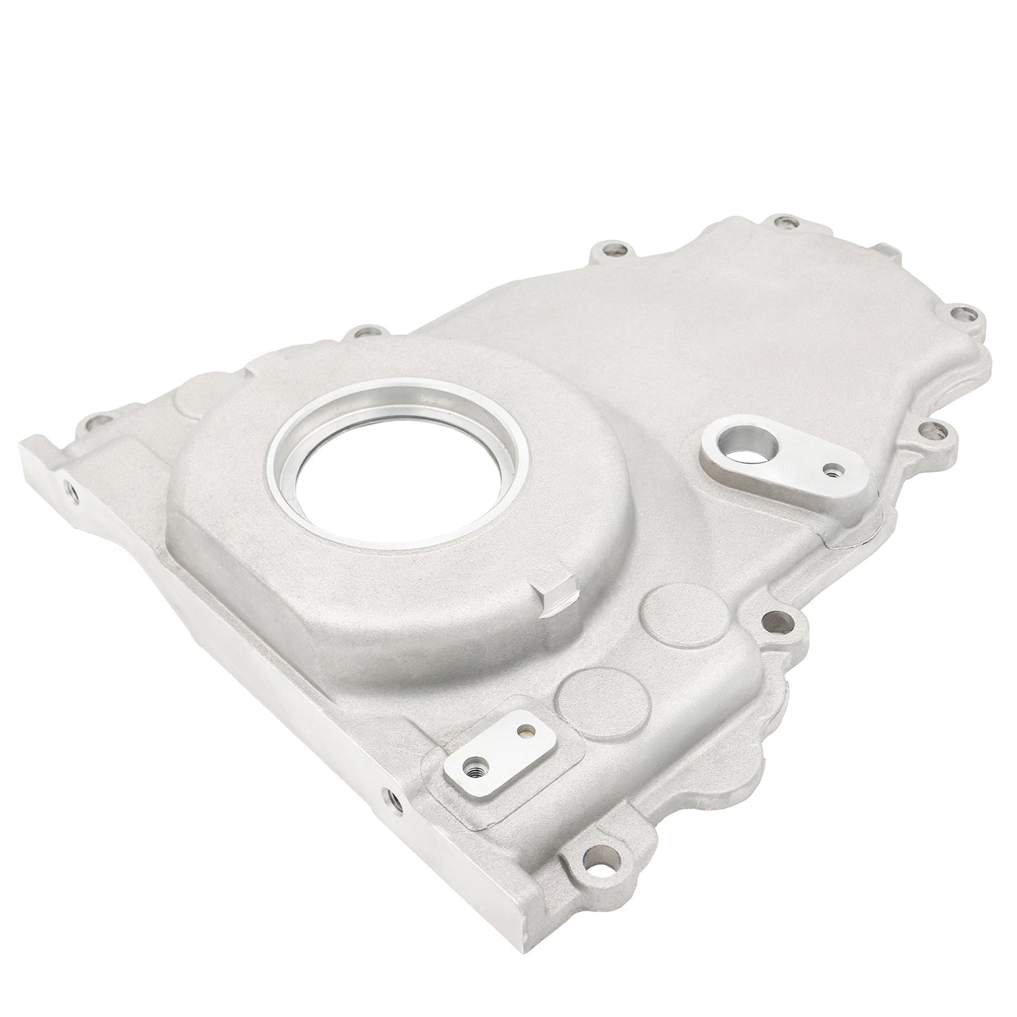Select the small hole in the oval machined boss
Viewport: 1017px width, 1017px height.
coord(831,468)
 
